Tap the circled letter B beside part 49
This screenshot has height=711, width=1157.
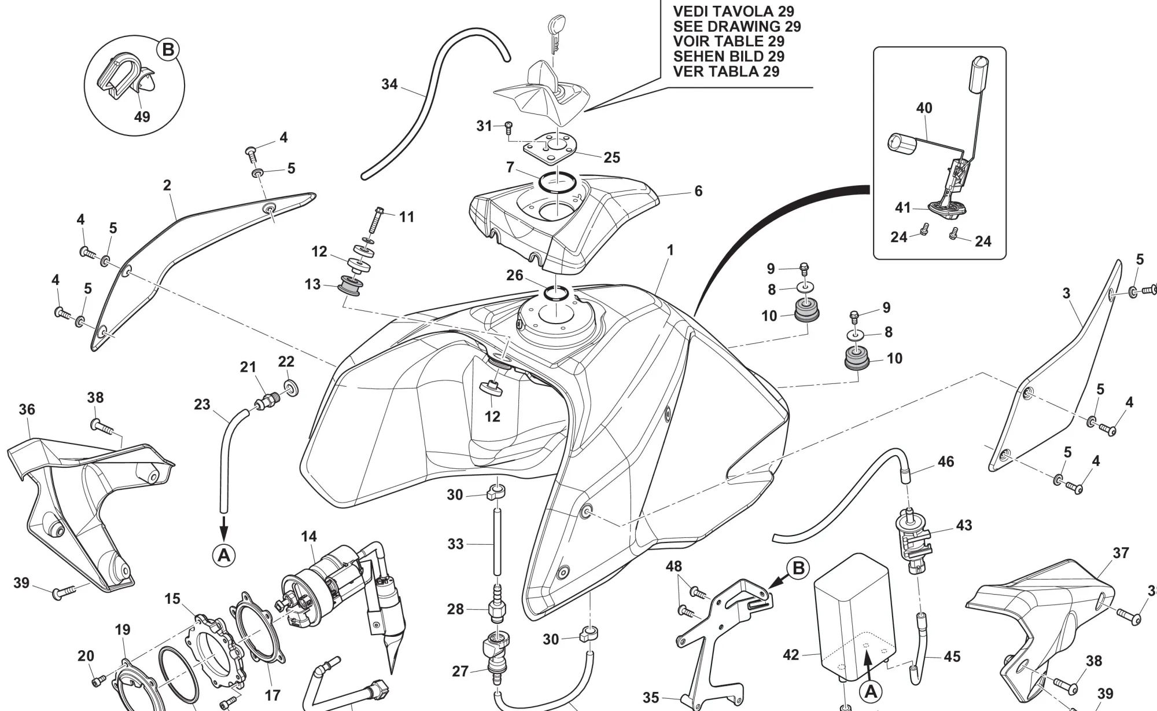coord(168,50)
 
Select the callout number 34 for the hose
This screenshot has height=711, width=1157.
coord(389,85)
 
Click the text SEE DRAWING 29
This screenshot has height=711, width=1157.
coord(736,27)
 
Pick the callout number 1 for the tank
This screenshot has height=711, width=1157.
coord(670,250)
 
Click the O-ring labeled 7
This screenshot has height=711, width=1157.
coord(557,182)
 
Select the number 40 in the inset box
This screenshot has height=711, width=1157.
coord(924,108)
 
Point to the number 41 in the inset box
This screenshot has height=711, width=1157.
coord(902,207)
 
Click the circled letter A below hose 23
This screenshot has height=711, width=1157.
coord(224,555)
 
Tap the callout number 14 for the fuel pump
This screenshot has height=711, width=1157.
coord(309,537)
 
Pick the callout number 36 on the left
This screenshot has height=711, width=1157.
coord(27,409)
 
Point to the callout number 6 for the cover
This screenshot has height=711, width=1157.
coord(698,191)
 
